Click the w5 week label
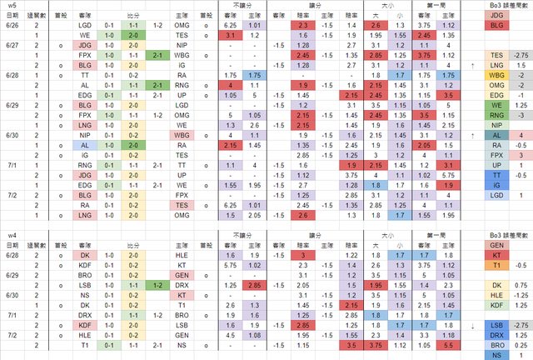(12, 5)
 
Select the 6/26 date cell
(12, 25)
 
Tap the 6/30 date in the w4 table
(12, 295)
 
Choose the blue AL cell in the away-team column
(85, 144)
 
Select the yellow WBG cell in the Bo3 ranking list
(497, 74)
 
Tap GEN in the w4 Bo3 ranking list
(497, 245)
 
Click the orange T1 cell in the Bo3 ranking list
(497, 265)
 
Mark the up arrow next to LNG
(472, 64)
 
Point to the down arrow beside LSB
(472, 325)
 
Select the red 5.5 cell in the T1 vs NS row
(450, 344)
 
